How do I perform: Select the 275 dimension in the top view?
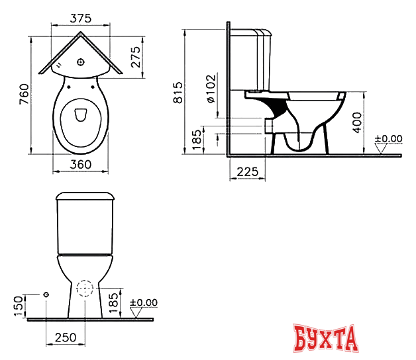(135, 59)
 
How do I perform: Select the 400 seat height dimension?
(357, 122)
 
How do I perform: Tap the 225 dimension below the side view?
(246, 172)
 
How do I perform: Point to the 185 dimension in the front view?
(113, 303)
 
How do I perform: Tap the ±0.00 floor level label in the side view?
(388, 138)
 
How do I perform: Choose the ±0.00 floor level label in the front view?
(143, 302)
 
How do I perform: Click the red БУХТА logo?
(325, 339)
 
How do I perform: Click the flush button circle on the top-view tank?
(80, 62)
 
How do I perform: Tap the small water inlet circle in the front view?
(46, 294)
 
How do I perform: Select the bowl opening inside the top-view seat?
(80, 115)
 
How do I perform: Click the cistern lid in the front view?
(86, 196)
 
